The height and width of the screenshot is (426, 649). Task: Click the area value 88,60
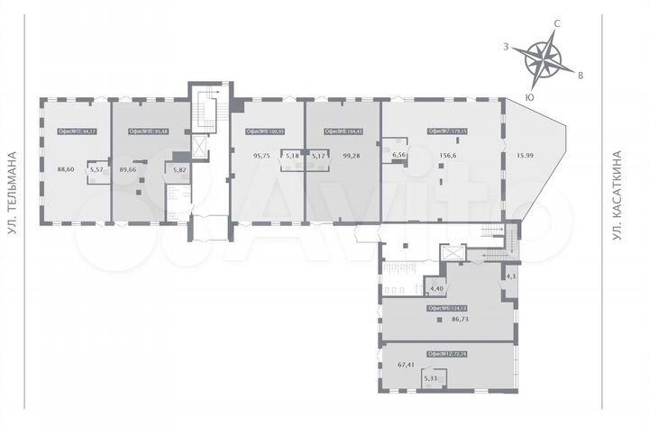65,168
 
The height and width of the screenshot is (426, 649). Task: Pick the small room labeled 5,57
99,168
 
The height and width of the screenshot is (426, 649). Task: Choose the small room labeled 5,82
178,168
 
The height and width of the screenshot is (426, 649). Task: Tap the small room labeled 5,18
290,155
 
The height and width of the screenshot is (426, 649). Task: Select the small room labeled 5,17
316,155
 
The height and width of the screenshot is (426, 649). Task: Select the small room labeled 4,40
437,287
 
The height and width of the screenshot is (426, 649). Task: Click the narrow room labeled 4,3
510,276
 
